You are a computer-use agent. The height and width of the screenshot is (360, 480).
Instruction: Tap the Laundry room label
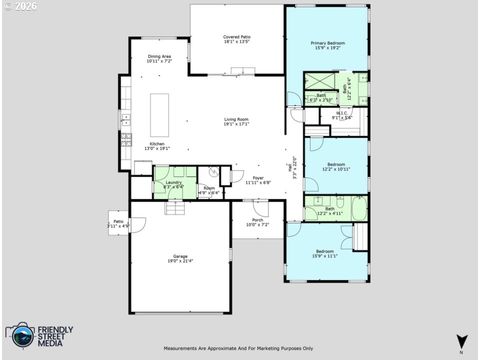(x=174, y=184)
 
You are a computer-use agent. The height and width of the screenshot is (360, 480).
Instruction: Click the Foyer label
(x=258, y=180)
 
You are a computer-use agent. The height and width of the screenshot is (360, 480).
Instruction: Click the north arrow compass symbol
(x=460, y=342)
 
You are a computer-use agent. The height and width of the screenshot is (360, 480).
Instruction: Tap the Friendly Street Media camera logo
(x=18, y=336)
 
